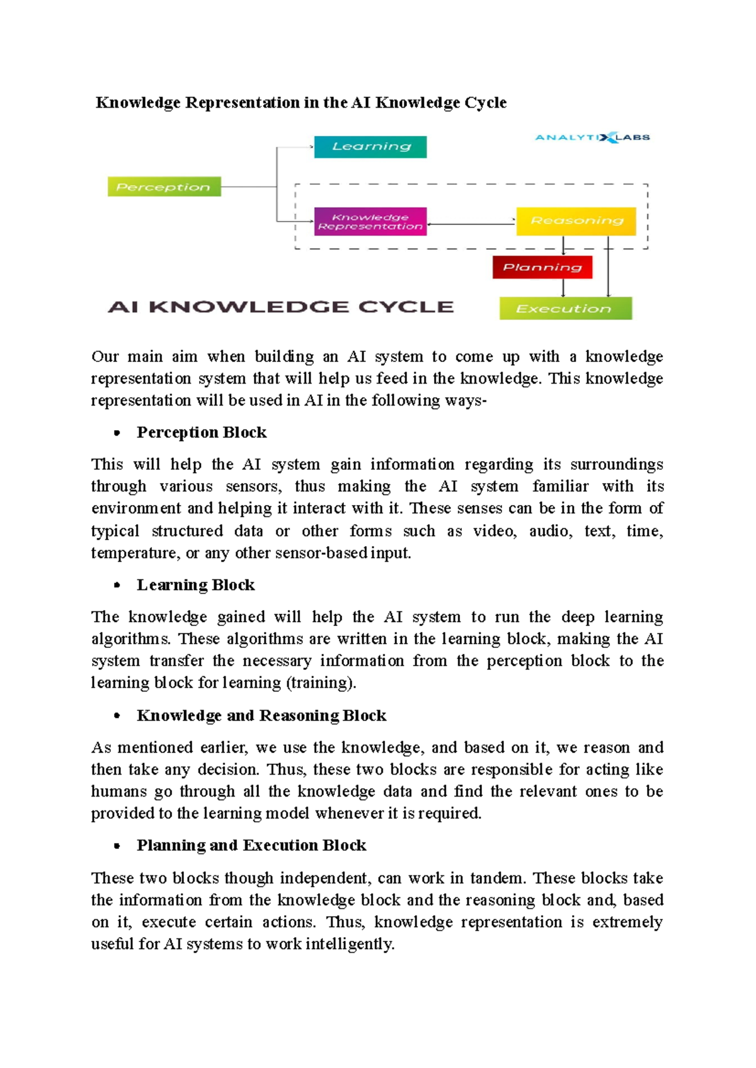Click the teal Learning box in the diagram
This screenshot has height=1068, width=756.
[370, 147]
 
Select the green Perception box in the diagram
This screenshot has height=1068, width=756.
[164, 187]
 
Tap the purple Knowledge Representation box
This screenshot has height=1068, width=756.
[370, 222]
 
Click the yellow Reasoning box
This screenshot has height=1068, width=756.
[576, 221]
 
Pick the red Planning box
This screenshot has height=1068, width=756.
[542, 267]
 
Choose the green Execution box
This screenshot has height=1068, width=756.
[565, 309]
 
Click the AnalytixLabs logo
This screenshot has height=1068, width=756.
[592, 137]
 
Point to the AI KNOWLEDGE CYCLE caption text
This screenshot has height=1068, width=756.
[281, 307]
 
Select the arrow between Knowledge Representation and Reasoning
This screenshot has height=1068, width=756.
[471, 224]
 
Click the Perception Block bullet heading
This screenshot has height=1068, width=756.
[202, 433]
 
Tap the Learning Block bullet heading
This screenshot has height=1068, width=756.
[195, 585]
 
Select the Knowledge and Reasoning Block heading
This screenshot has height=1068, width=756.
[261, 715]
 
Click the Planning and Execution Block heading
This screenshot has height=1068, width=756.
[251, 845]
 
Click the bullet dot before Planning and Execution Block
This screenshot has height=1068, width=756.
[117, 846]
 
